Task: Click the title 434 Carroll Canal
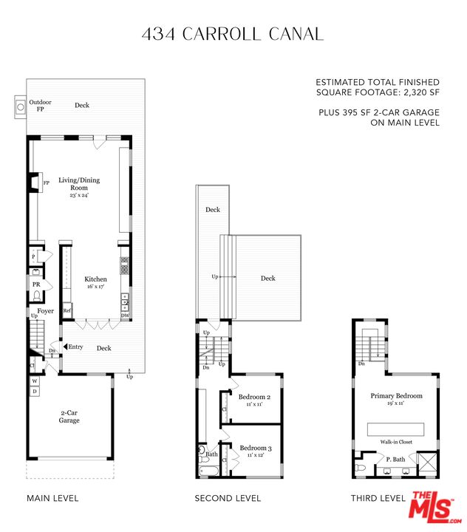[x=231, y=33]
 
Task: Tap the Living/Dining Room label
[x=79, y=180]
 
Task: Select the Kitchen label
[x=95, y=279]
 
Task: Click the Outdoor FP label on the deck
[x=40, y=106]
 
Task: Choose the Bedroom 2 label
[x=254, y=397]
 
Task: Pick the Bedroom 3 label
[x=254, y=449]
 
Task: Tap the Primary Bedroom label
[x=397, y=396]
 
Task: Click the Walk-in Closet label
[x=396, y=442]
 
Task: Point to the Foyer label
[x=46, y=311]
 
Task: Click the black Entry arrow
[x=66, y=347]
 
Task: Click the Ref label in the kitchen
[x=67, y=311]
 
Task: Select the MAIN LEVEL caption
[x=52, y=498]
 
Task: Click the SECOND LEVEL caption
[x=228, y=498]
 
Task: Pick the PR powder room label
[x=35, y=284]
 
